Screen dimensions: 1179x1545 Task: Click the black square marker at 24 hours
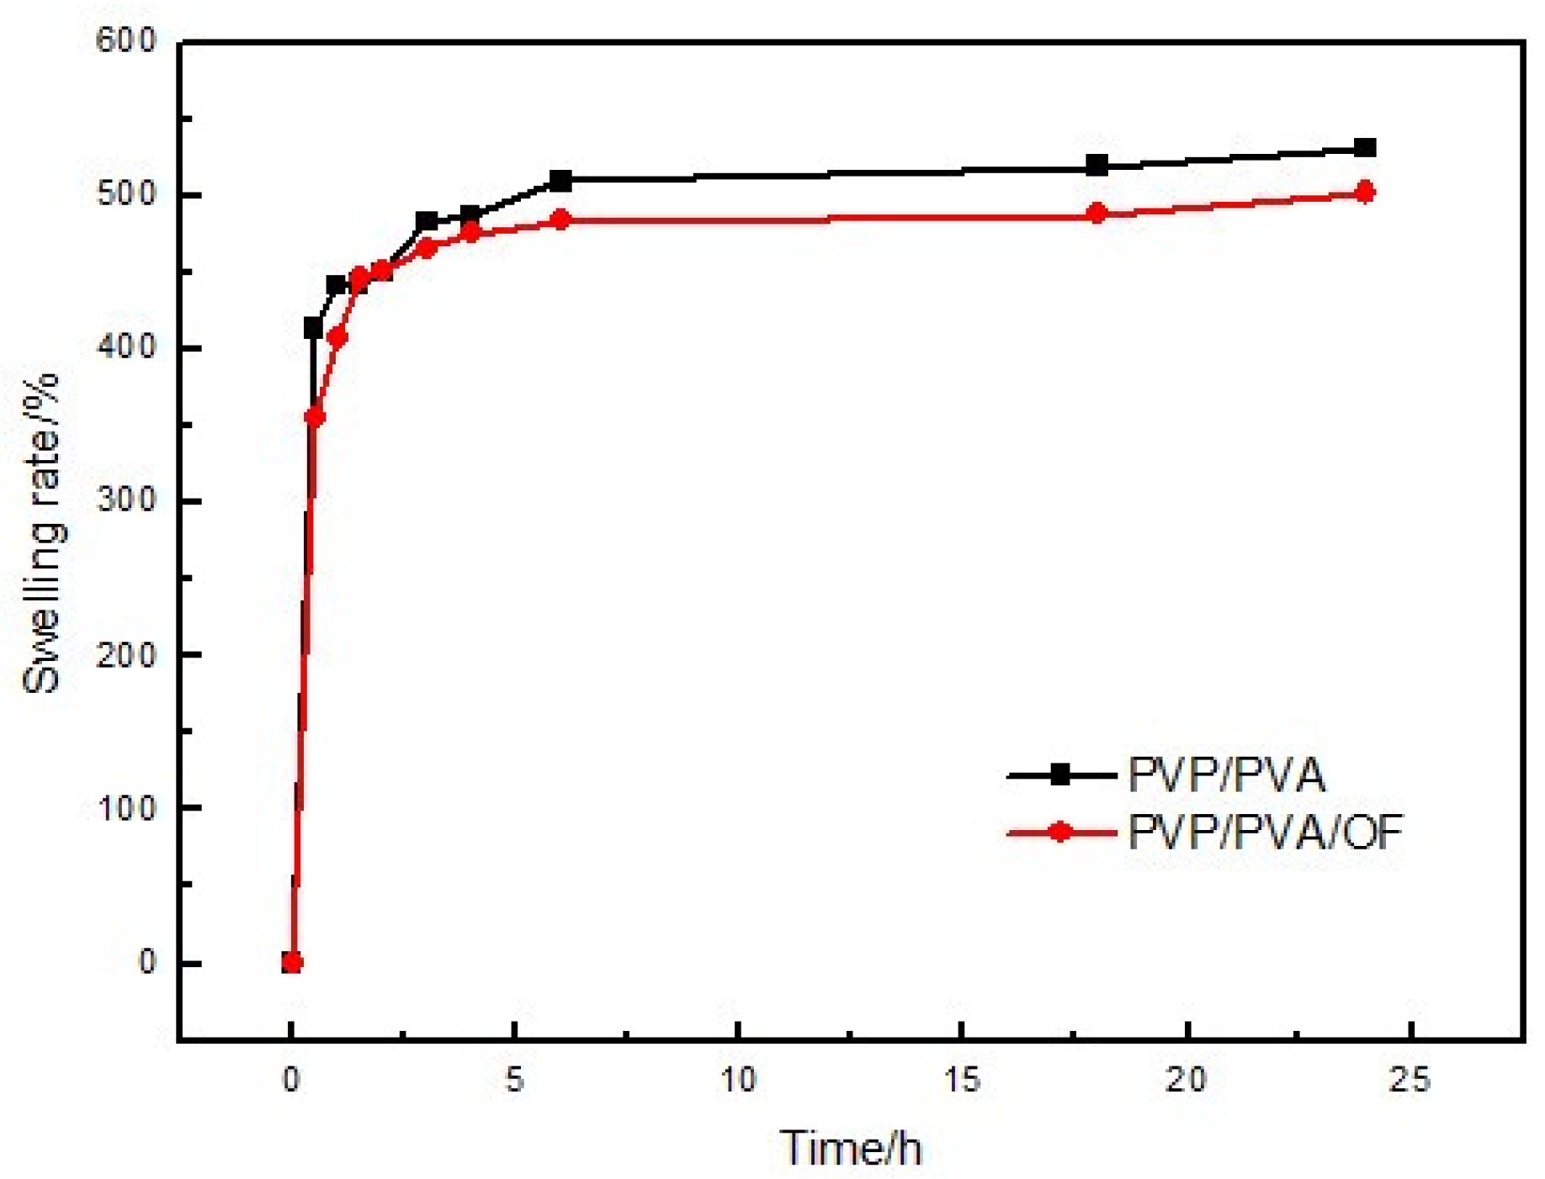[x=1365, y=148]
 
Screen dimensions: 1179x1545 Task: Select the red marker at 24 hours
[x=1365, y=193]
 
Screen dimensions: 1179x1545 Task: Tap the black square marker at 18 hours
[x=1096, y=165]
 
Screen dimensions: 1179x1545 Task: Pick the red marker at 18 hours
[x=1096, y=213]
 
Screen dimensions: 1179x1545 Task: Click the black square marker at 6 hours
[x=560, y=180]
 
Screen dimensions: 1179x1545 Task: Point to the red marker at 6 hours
[x=560, y=219]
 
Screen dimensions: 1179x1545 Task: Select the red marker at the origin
[x=291, y=962]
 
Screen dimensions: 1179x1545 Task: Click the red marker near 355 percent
[x=315, y=416]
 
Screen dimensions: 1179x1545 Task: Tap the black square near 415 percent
[x=314, y=328]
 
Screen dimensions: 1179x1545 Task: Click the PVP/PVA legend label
[x=1226, y=775]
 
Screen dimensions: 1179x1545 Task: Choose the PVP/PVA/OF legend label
[x=1265, y=833]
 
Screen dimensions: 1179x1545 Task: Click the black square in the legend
[x=1061, y=775]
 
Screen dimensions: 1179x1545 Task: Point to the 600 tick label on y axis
[x=126, y=40]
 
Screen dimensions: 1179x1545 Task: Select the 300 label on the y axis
[x=126, y=500]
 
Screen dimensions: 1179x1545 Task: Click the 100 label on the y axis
[x=126, y=808]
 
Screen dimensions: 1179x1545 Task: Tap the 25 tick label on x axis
[x=1410, y=1080]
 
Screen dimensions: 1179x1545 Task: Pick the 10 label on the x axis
[x=738, y=1080]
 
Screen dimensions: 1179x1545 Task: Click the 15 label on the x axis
[x=962, y=1080]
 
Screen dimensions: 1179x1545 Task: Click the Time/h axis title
[x=850, y=1148]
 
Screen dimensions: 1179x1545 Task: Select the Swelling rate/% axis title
[x=42, y=534]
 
